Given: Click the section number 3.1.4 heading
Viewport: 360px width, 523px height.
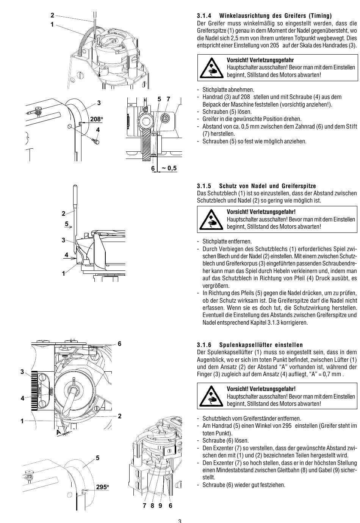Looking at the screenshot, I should click(x=205, y=16).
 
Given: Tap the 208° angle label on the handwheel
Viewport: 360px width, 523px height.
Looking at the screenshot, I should click(x=97, y=119).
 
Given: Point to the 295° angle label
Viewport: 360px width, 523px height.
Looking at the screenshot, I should click(x=102, y=487).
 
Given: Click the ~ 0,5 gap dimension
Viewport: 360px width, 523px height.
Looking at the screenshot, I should click(x=169, y=168).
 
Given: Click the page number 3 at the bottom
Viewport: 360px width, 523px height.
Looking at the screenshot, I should click(x=180, y=520).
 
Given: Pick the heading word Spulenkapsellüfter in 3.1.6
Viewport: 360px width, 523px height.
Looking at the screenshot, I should click(x=243, y=345).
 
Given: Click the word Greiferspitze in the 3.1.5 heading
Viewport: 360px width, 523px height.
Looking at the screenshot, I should click(x=299, y=186).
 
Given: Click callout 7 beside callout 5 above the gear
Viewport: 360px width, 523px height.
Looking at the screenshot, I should click(x=169, y=99).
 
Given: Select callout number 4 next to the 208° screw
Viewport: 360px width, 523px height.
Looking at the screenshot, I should click(x=98, y=130).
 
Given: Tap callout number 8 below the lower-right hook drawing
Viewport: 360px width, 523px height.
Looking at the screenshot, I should click(x=152, y=506).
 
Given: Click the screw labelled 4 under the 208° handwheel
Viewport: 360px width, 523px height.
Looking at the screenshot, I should click(x=97, y=141).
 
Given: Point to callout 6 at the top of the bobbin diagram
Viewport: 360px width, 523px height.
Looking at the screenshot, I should click(x=119, y=344).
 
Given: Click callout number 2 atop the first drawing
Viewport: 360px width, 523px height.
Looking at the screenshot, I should click(x=52, y=15).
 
